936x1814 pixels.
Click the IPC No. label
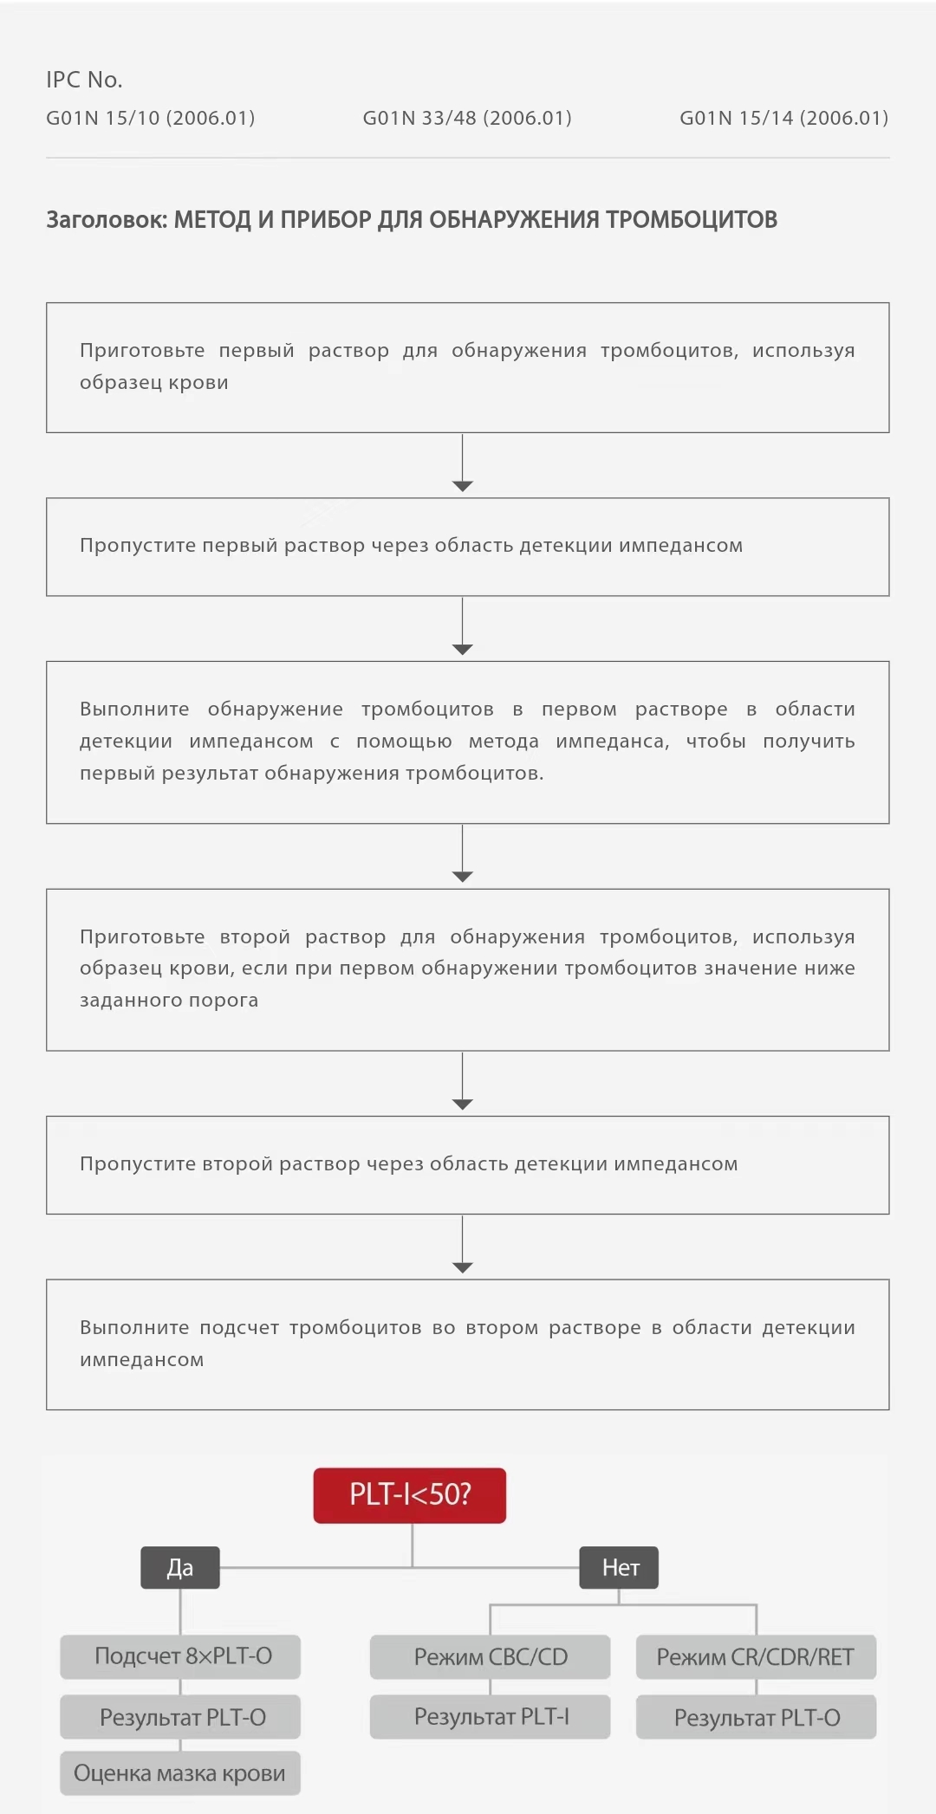coord(84,80)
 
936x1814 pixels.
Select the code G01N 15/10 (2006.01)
coord(150,118)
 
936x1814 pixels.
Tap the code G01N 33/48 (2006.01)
coord(467,118)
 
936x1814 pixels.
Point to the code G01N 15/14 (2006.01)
coord(783,118)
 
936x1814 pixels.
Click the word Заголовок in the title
coord(106,220)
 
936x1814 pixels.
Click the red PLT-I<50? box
coord(409,1494)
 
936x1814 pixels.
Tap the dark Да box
coord(180,1567)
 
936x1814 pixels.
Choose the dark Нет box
coord(619,1567)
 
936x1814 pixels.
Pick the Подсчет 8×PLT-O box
coord(180,1656)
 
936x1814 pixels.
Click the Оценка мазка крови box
coord(180,1773)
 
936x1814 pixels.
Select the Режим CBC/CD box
coord(490,1657)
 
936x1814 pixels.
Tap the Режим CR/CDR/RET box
coord(756,1657)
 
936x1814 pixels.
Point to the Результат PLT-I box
coord(490,1717)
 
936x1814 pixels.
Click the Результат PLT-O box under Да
coord(180,1717)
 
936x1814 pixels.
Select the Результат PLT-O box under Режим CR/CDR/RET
coord(756,1718)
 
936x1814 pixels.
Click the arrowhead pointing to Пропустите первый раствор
coord(463,486)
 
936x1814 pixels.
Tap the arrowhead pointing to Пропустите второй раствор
coord(463,1105)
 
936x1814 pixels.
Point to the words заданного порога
coord(169,1001)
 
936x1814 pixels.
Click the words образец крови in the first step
coord(154,383)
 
